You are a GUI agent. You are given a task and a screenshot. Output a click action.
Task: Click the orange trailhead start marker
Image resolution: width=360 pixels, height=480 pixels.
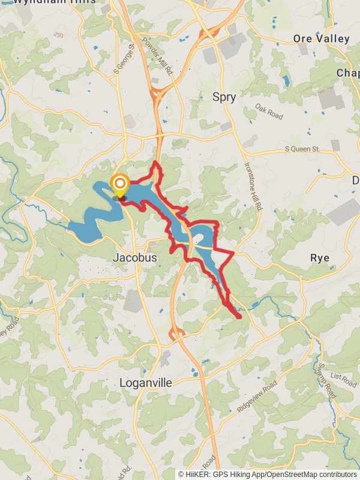click(120, 183)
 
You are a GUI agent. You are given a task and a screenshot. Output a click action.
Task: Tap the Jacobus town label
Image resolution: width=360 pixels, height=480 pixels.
click(135, 257)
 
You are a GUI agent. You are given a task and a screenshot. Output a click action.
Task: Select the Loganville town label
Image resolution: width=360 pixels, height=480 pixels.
click(146, 383)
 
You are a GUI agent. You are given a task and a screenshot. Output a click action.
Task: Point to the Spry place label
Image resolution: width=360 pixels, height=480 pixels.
click(224, 97)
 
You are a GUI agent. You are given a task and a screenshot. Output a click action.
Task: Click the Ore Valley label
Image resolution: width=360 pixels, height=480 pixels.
click(321, 38)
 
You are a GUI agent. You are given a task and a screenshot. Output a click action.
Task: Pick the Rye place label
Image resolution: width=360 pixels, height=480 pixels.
click(319, 257)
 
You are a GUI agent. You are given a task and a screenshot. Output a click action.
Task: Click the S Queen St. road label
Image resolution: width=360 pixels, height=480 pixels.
click(304, 148)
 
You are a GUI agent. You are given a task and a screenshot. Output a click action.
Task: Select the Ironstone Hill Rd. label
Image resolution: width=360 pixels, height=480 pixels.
click(254, 188)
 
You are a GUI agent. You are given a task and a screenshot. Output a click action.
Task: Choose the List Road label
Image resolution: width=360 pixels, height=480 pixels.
click(343, 379)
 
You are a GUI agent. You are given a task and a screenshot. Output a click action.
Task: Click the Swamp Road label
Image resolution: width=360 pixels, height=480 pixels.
click(329, 381)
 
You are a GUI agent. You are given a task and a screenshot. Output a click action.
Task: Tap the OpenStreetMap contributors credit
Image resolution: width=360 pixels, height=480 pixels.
click(312, 474)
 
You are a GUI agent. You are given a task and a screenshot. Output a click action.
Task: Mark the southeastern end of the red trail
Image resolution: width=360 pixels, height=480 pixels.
click(240, 316)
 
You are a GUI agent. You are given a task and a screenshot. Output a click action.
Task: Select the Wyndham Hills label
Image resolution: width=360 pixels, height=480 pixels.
click(54, 2)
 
